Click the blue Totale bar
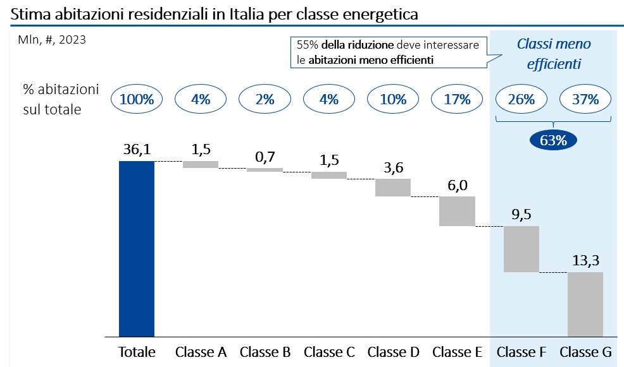(137, 249)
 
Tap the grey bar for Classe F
(521, 249)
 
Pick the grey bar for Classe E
(457, 211)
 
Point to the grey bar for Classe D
(393, 188)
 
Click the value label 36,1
(137, 150)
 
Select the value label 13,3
(585, 261)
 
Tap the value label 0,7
(265, 157)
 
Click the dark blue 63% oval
(553, 140)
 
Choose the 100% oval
(137, 99)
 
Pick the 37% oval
(585, 99)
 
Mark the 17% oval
(457, 99)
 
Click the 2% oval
(265, 99)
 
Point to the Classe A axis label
(201, 352)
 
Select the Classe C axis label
(329, 352)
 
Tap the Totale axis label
(137, 352)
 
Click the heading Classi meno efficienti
(554, 54)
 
